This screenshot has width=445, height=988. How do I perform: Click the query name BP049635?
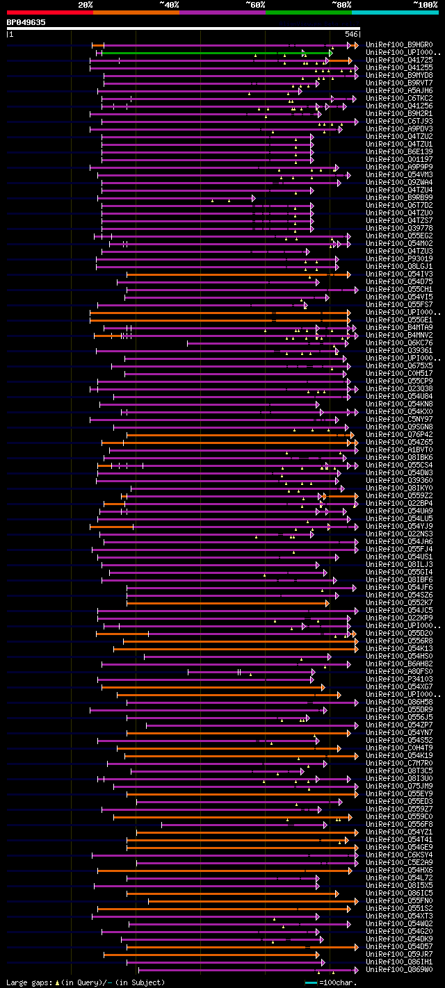coord(26,22)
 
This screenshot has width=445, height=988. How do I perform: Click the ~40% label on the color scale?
coord(169,5)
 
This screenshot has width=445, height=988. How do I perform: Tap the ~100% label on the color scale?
coord(426,5)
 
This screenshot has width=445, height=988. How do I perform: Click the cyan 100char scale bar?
coord(311,982)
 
